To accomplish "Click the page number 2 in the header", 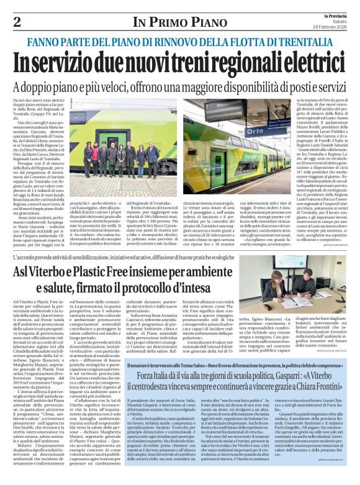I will point(17,22).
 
